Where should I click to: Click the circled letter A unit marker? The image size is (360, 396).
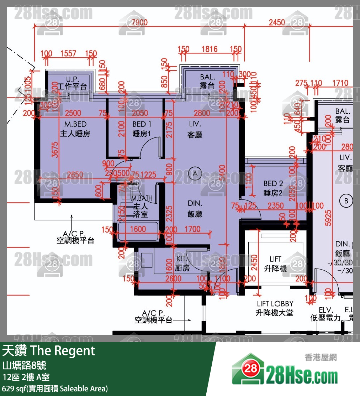(195, 174)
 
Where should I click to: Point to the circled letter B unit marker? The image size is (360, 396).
(346, 201)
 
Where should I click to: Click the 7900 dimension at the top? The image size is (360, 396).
(139, 22)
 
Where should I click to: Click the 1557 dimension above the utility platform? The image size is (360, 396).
(68, 53)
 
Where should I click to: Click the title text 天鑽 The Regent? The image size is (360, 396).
(49, 351)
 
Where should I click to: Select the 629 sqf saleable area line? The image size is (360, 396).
(55, 388)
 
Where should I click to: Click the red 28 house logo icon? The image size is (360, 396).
(250, 369)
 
